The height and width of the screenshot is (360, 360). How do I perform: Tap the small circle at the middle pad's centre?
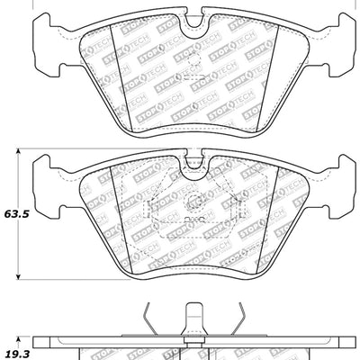pos(193,200)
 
